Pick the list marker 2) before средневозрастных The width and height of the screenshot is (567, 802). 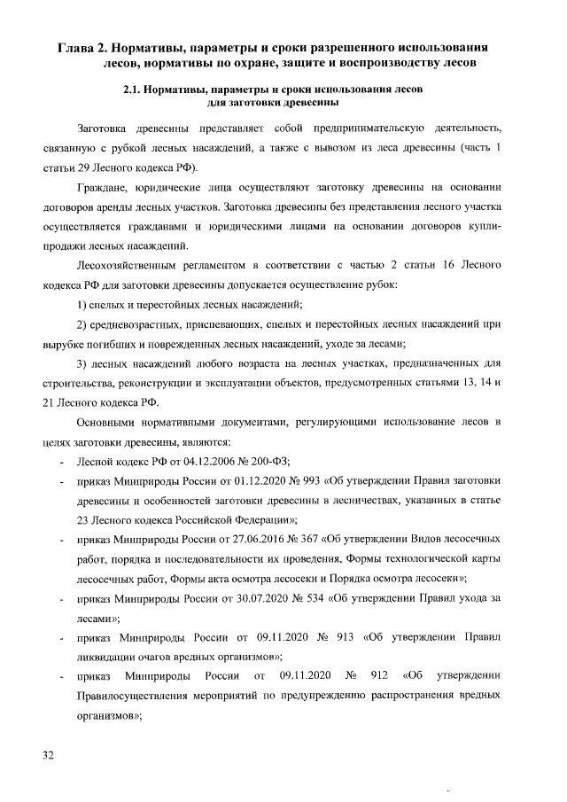point(82,323)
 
